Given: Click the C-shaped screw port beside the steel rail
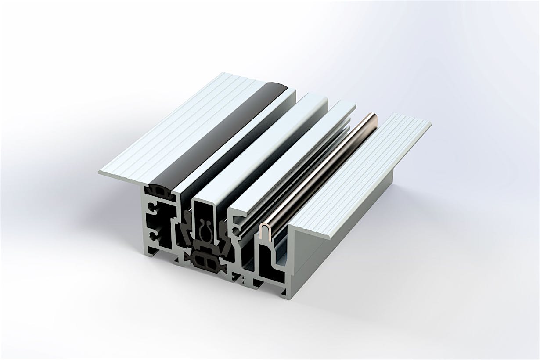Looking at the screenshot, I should click(238, 227).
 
